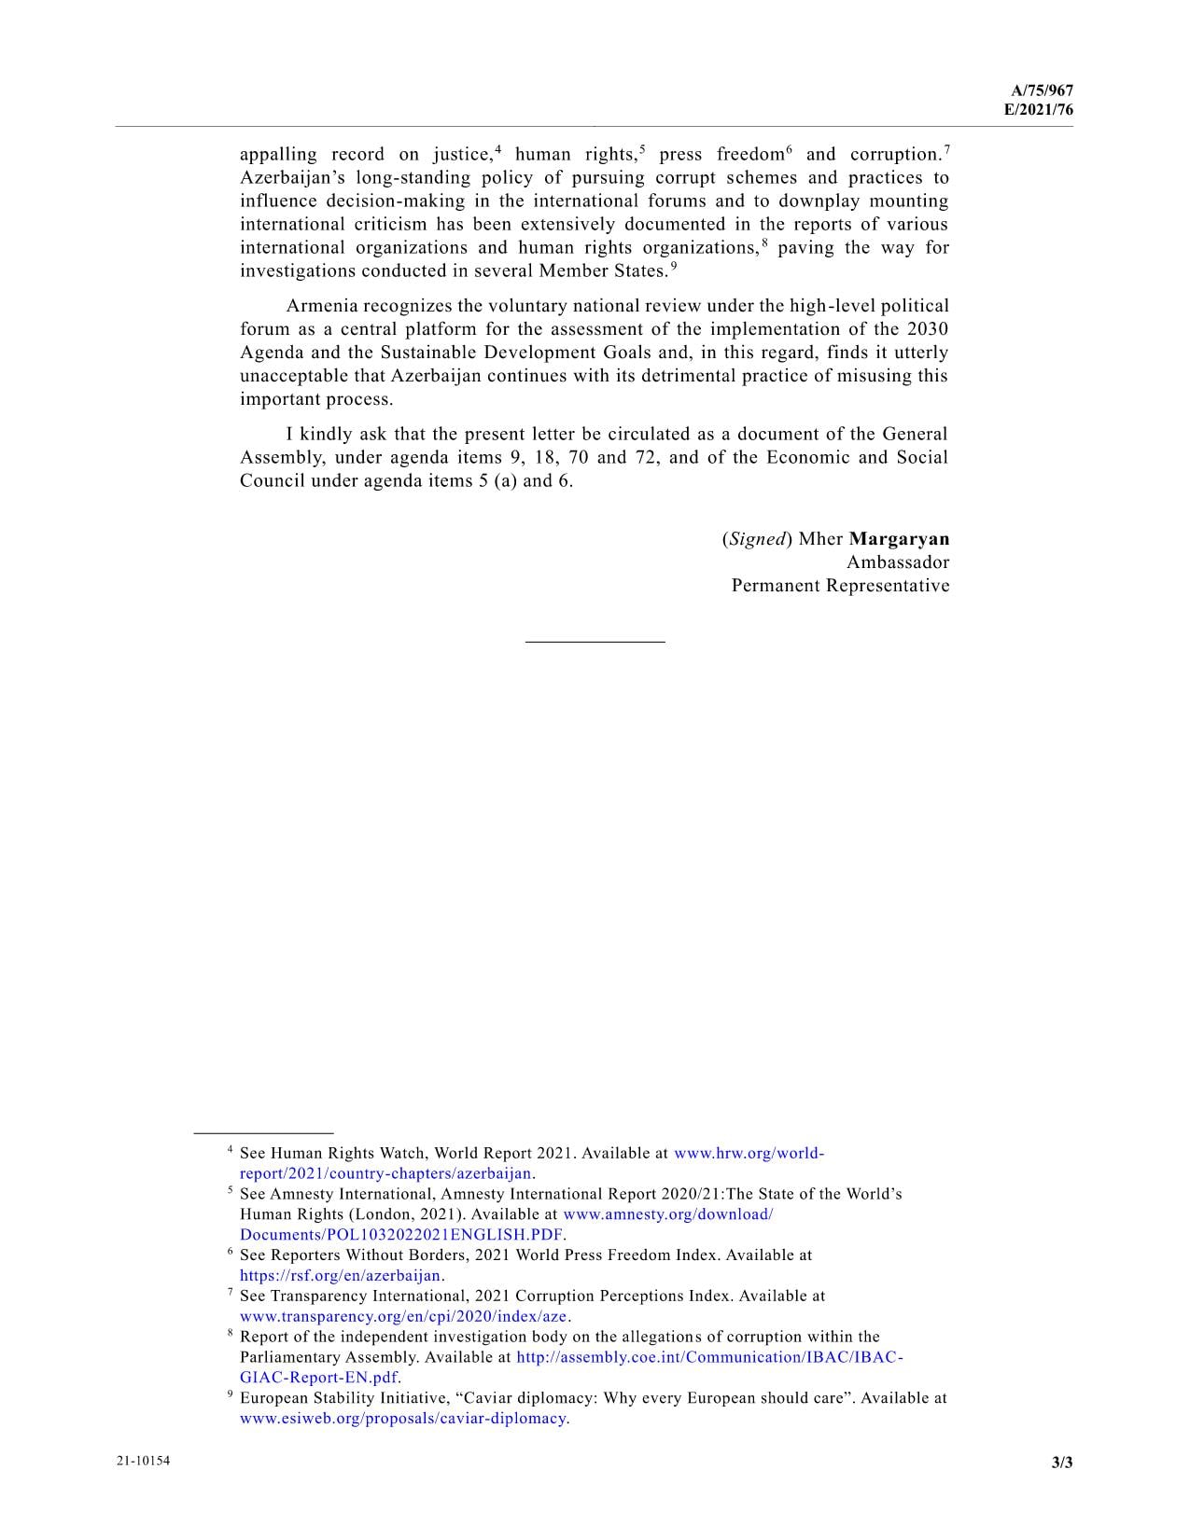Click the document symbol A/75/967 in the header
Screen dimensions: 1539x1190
(x=1042, y=90)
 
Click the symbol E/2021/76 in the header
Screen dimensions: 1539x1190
(x=1038, y=109)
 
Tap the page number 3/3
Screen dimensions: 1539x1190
(x=1062, y=1463)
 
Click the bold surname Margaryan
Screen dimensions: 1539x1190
(x=899, y=539)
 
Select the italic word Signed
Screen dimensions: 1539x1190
(x=756, y=539)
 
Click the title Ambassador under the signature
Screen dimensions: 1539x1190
(x=897, y=562)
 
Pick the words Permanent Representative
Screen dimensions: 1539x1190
(x=840, y=586)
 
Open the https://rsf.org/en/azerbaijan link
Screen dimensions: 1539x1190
(x=341, y=1275)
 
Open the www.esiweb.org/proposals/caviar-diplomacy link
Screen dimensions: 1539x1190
(x=403, y=1419)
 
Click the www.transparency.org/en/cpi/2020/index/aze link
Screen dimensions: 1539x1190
(x=403, y=1316)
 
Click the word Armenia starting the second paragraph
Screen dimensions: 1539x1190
(x=321, y=306)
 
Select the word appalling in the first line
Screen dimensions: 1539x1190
(x=278, y=155)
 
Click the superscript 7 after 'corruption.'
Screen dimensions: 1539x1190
(x=946, y=149)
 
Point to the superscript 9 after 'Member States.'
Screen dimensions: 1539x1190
(x=673, y=266)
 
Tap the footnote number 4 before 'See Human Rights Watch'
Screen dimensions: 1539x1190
(x=231, y=1152)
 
